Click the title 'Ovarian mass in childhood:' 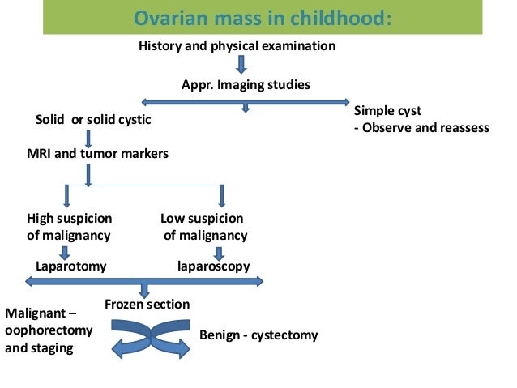click(263, 17)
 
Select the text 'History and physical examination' click(237, 46)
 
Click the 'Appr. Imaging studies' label click(245, 84)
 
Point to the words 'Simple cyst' click(387, 110)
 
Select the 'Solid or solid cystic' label click(93, 120)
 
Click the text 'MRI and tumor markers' click(98, 153)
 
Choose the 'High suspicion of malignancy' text click(69, 227)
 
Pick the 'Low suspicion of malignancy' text click(203, 227)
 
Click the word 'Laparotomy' click(71, 266)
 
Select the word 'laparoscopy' click(213, 266)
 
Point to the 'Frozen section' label click(147, 305)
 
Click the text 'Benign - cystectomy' click(258, 335)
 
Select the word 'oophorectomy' click(49, 330)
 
